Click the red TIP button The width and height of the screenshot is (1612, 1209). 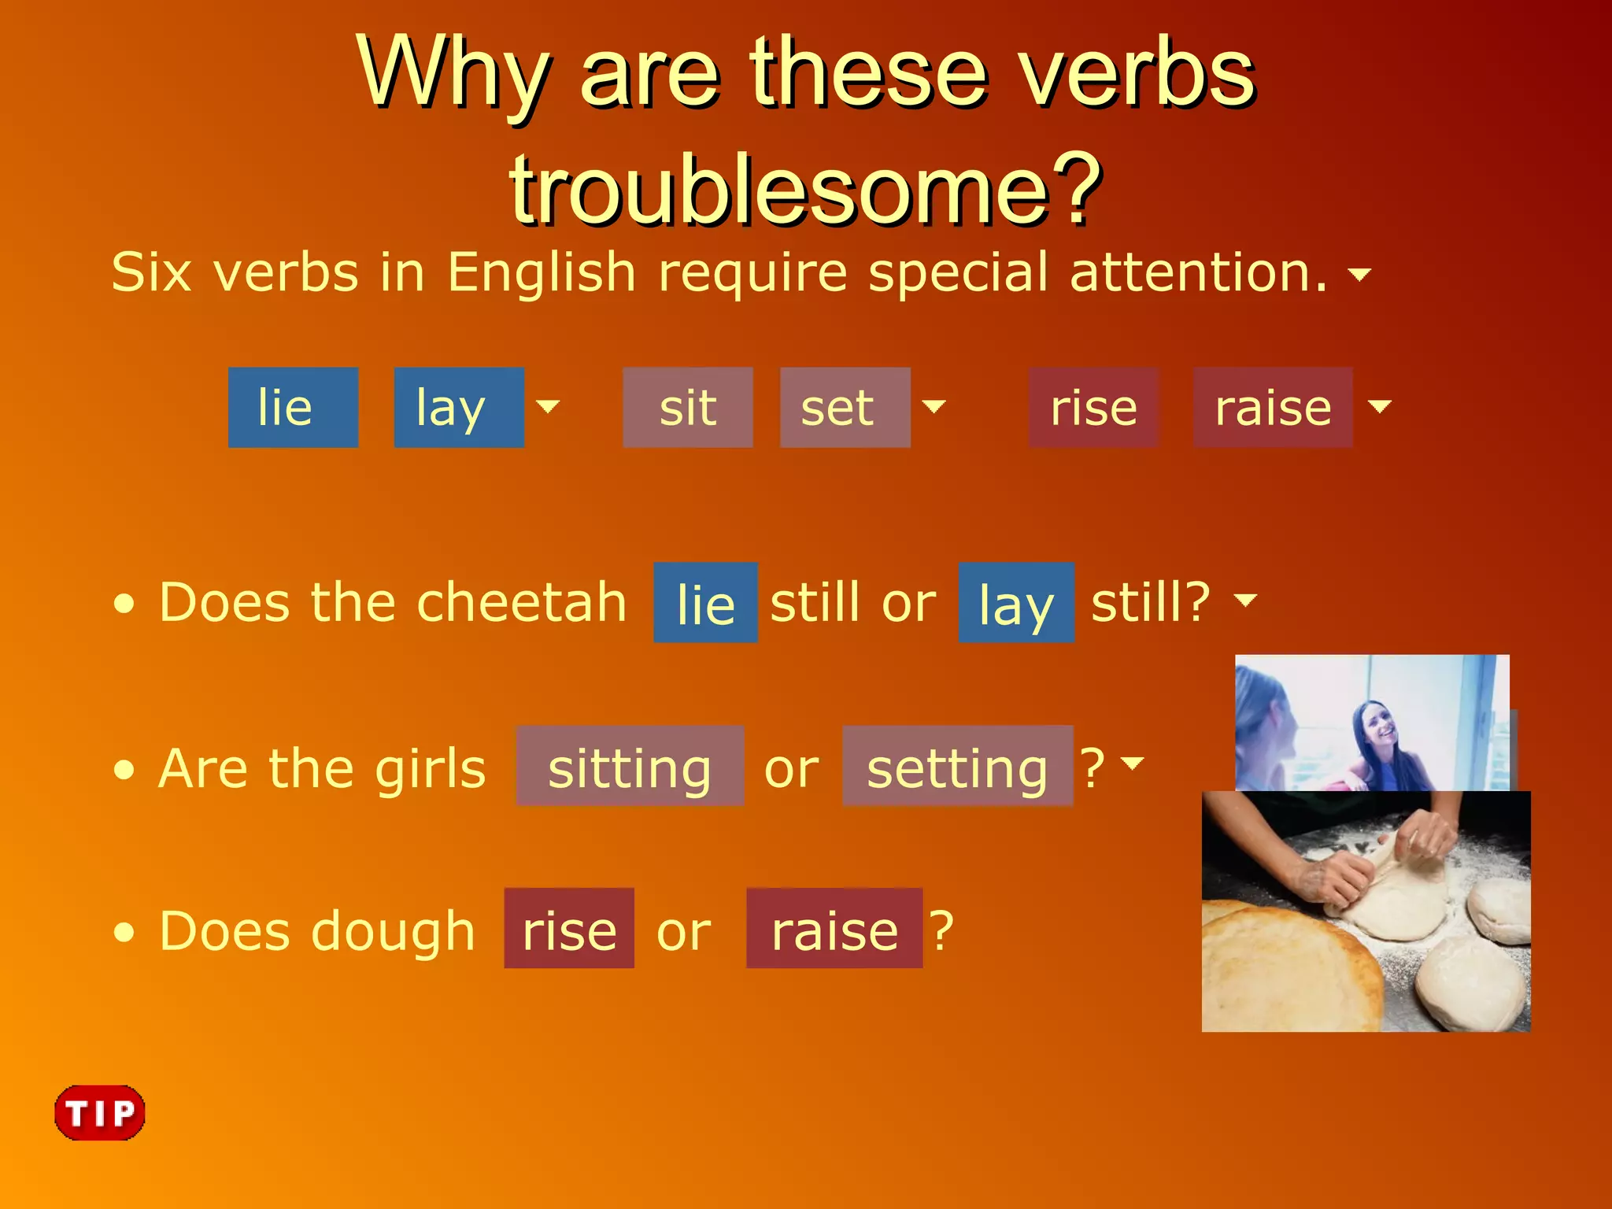pyautogui.click(x=100, y=1112)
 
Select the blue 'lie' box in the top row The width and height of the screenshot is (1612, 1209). pyautogui.click(x=293, y=408)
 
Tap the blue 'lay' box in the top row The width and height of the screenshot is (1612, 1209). pyautogui.click(x=459, y=408)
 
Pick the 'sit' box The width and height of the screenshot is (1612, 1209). pyautogui.click(x=687, y=408)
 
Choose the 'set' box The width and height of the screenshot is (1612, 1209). pyautogui.click(x=845, y=408)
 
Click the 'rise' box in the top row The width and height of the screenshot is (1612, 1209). pyautogui.click(x=1093, y=408)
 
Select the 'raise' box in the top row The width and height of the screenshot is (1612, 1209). pyautogui.click(x=1273, y=408)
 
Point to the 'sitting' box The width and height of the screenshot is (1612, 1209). pyautogui.click(x=630, y=767)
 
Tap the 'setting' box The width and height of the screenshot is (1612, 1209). pyautogui.click(x=957, y=767)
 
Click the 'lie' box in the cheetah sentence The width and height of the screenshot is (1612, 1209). pyautogui.click(x=705, y=604)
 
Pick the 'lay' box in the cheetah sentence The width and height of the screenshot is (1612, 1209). pyautogui.click(x=1015, y=604)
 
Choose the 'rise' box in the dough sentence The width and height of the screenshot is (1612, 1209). pyautogui.click(x=569, y=929)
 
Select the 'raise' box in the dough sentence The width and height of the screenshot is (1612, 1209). pyautogui.click(x=834, y=929)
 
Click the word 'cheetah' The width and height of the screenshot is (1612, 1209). pyautogui.click(x=521, y=602)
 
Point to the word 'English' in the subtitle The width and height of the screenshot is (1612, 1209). pyautogui.click(x=542, y=272)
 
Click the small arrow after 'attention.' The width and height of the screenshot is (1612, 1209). pyautogui.click(x=1359, y=274)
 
